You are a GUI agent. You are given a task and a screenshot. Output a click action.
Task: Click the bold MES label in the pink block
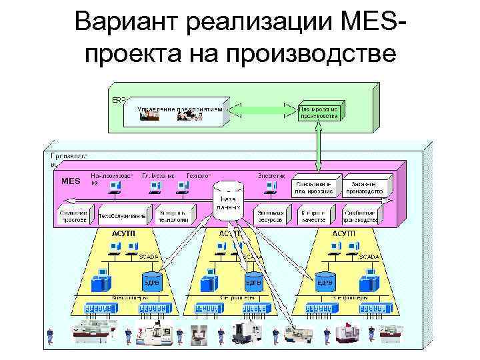[70, 181]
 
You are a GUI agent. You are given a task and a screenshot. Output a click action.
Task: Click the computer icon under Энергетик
[270, 187]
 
